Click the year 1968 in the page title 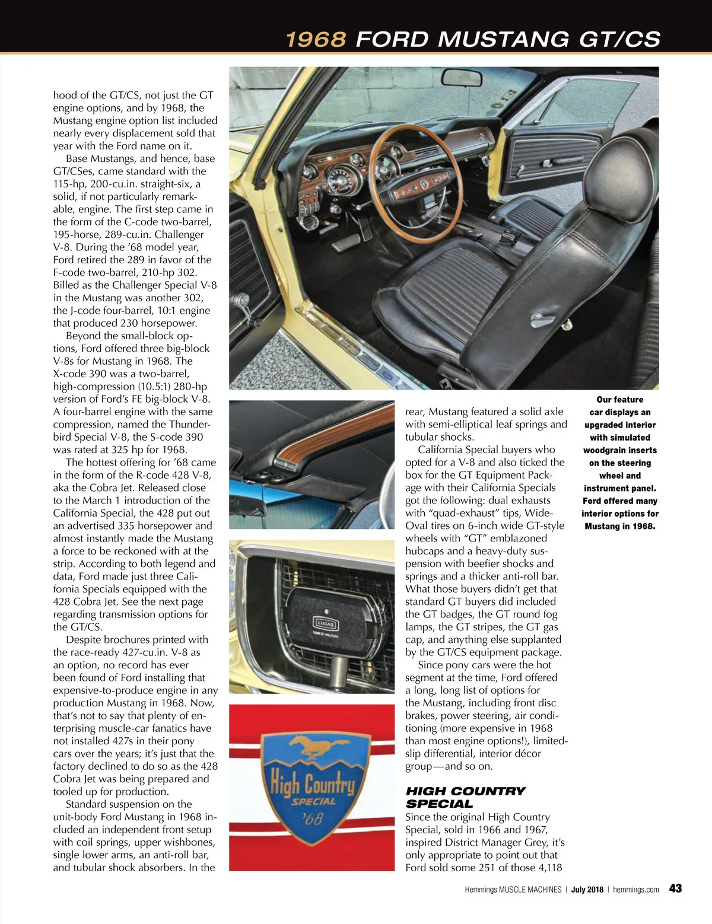click(x=316, y=40)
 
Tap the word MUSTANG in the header click(x=503, y=40)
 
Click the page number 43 click(x=675, y=888)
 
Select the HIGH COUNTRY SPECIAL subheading click(x=465, y=797)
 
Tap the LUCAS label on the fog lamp click(x=324, y=624)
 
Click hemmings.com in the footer click(x=635, y=890)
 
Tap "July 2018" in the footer click(x=587, y=890)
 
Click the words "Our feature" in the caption click(x=619, y=400)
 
